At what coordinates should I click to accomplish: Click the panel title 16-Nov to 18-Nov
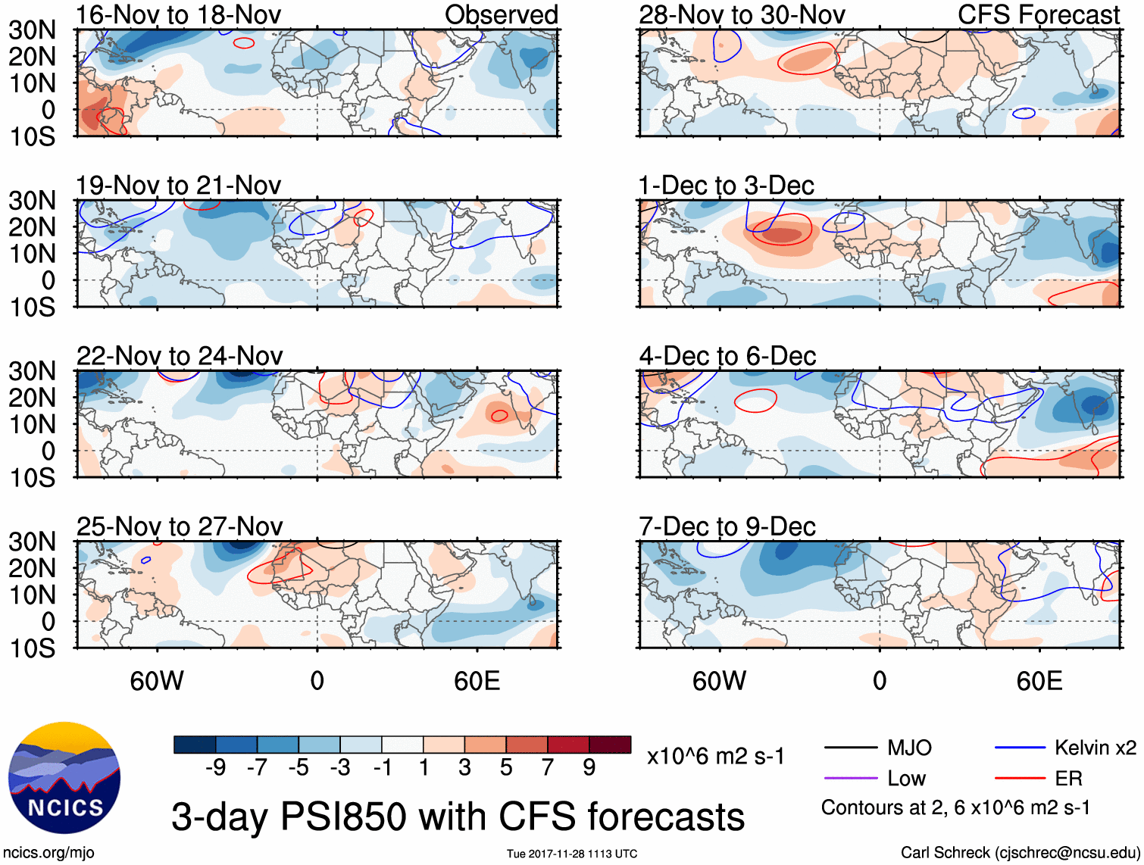point(179,14)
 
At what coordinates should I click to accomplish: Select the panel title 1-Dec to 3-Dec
point(726,186)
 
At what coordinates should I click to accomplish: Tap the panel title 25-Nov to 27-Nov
point(180,526)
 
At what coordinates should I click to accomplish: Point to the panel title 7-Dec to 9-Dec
point(727,526)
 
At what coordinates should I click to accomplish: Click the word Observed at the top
point(501,14)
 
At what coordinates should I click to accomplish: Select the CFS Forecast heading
point(1038,14)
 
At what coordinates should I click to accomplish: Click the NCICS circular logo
point(64,778)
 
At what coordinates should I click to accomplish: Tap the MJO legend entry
point(909,748)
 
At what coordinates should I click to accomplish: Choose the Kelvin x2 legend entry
point(1095,748)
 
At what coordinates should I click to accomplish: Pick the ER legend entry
point(1068,779)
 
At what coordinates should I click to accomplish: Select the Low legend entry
point(906,779)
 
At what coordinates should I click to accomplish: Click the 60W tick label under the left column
point(157,681)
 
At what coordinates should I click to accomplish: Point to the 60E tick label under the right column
point(1039,681)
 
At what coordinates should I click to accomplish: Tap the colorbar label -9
point(215,768)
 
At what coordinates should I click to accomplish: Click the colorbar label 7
point(548,768)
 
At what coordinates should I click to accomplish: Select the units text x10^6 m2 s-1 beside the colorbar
point(715,757)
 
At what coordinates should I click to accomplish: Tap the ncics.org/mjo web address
point(48,853)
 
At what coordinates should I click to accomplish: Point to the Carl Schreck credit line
point(1020,853)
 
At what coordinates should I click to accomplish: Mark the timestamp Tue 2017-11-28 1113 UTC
point(572,854)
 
